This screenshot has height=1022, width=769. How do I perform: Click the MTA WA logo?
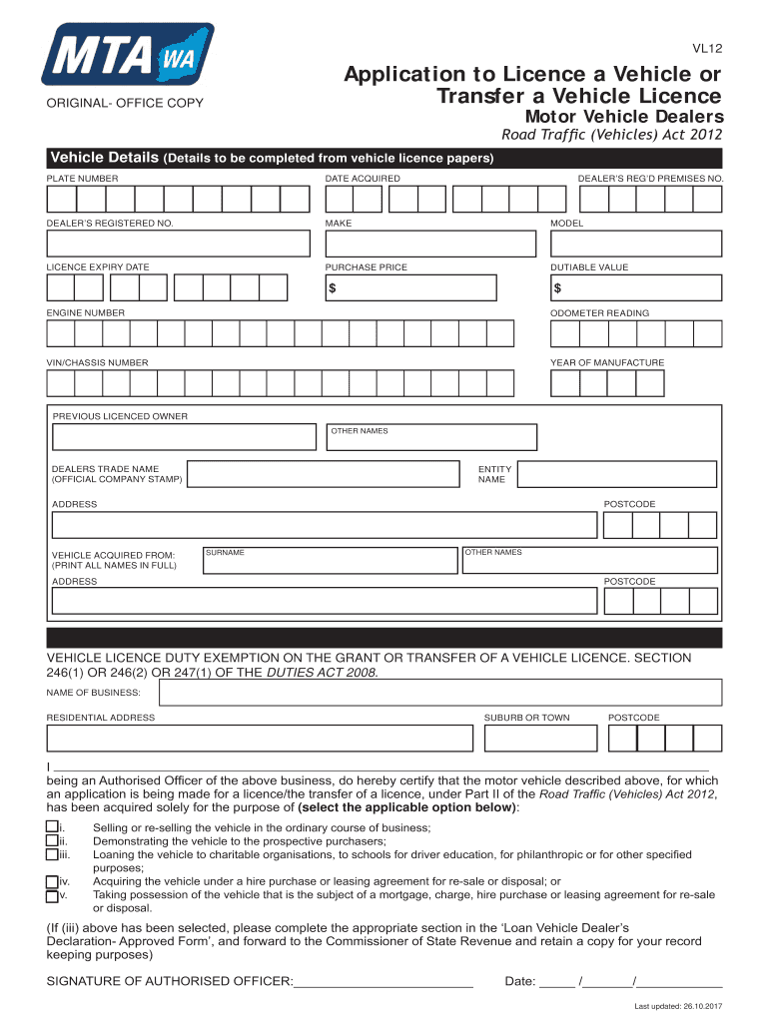[127, 55]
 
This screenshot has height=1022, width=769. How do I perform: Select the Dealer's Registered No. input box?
[178, 243]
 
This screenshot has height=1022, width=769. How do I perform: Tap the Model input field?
[635, 243]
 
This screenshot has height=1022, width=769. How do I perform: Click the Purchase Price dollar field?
[409, 287]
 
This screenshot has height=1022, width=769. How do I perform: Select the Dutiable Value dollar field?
[635, 287]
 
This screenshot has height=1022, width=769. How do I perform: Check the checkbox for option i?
[52, 827]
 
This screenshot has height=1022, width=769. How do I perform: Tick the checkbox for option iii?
[52, 853]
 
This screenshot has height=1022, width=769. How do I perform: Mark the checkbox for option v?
[52, 895]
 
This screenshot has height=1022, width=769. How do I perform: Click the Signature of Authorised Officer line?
[383, 981]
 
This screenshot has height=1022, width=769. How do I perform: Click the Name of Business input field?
[434, 692]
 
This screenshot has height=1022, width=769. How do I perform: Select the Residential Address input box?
[259, 738]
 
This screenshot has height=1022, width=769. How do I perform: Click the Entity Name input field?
[616, 474]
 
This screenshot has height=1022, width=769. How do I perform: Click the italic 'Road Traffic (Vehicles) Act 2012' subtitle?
[611, 136]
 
